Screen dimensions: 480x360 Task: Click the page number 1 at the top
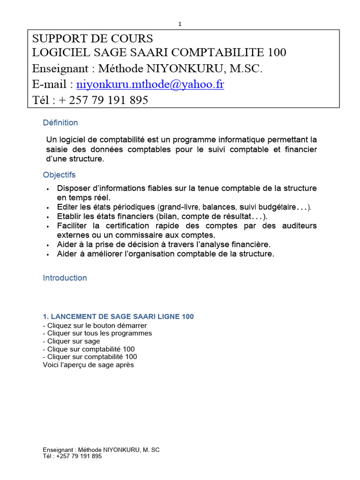(x=180, y=24)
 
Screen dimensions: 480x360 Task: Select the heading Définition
(x=60, y=123)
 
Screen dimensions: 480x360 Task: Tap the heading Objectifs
(x=59, y=175)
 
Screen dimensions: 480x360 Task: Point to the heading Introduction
(x=65, y=278)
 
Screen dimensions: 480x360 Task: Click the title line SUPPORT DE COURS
(x=92, y=38)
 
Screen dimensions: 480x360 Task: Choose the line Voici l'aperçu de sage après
(x=88, y=365)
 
